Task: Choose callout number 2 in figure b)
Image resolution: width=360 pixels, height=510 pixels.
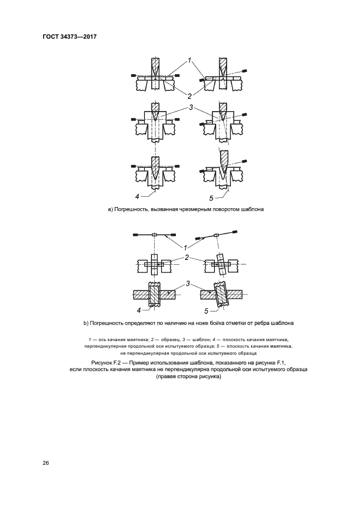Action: tap(187, 257)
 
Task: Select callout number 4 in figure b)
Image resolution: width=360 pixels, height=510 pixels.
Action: tap(139, 310)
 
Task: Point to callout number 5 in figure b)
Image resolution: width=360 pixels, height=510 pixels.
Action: tap(206, 311)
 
